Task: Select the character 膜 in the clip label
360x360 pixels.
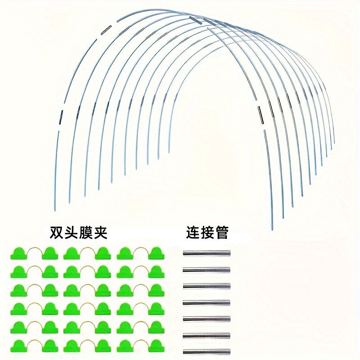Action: click(x=86, y=233)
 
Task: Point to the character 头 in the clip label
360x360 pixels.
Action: click(x=71, y=233)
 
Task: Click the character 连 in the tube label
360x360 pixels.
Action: click(x=193, y=233)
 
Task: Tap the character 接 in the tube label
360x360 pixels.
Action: click(x=207, y=233)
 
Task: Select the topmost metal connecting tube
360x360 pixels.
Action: click(x=207, y=253)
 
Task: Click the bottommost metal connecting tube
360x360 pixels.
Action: click(x=207, y=351)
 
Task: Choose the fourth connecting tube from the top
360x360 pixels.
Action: click(x=207, y=302)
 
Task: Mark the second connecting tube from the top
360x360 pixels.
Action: click(x=207, y=270)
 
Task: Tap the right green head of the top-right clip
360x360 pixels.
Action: click(x=157, y=253)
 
